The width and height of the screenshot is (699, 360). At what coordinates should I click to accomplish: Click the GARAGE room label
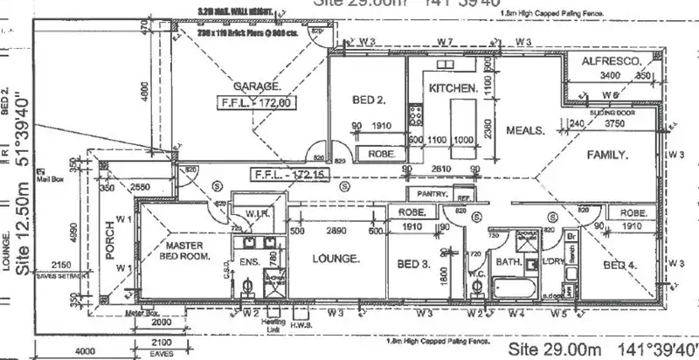coord(257,87)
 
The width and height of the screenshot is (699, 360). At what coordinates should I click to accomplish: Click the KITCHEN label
coord(453,88)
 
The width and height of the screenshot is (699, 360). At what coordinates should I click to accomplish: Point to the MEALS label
coord(526,130)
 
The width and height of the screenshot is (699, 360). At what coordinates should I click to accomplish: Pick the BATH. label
coord(509,261)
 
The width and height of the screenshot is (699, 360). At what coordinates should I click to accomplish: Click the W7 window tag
coord(445,41)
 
